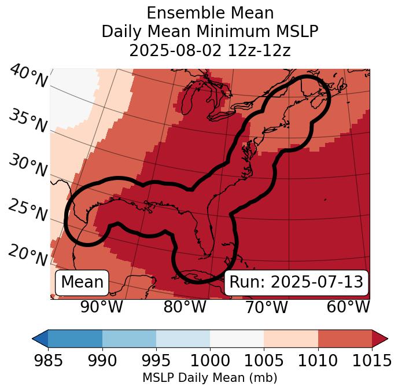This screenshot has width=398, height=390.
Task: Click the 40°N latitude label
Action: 28,76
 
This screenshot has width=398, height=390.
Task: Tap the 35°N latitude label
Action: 28,121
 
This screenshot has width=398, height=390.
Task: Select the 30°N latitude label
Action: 28,166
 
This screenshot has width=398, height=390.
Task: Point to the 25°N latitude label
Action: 28,211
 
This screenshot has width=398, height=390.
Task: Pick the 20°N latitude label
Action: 28,255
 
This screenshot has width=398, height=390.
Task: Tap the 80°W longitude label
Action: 185,307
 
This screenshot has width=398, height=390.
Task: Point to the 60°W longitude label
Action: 348,307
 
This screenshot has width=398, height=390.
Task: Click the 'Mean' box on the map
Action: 82,282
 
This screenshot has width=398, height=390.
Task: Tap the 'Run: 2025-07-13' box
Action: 296,282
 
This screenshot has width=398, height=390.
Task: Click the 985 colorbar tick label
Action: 48,360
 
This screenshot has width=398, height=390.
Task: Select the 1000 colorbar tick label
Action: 210,360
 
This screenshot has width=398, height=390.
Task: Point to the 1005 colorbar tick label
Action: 264,360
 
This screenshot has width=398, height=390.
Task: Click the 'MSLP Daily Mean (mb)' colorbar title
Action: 209,378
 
